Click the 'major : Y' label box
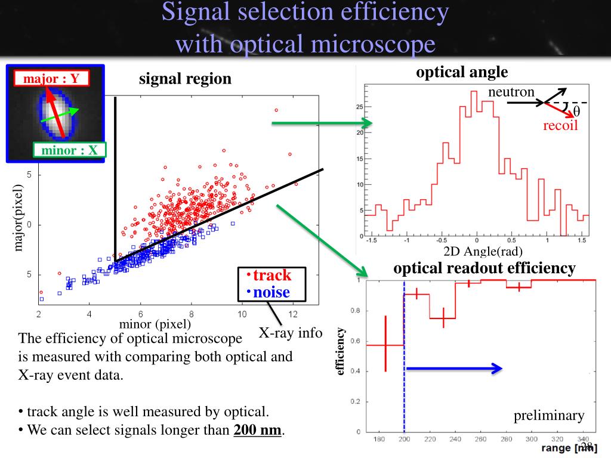(x=51, y=78)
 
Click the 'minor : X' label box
(x=69, y=151)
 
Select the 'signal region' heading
(x=185, y=79)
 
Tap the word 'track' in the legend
(x=272, y=275)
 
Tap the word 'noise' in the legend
(x=271, y=292)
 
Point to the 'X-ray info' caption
(x=290, y=333)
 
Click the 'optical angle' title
(x=462, y=73)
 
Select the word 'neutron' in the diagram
(x=511, y=92)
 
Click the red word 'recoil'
(x=560, y=126)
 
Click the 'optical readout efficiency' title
(x=484, y=268)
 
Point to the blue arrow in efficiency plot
(x=453, y=369)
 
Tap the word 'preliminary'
(x=549, y=416)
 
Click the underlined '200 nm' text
(x=257, y=430)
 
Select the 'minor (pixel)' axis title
(x=155, y=324)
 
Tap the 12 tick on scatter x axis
(x=293, y=314)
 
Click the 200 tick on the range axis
(x=404, y=440)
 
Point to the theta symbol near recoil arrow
(x=576, y=113)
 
